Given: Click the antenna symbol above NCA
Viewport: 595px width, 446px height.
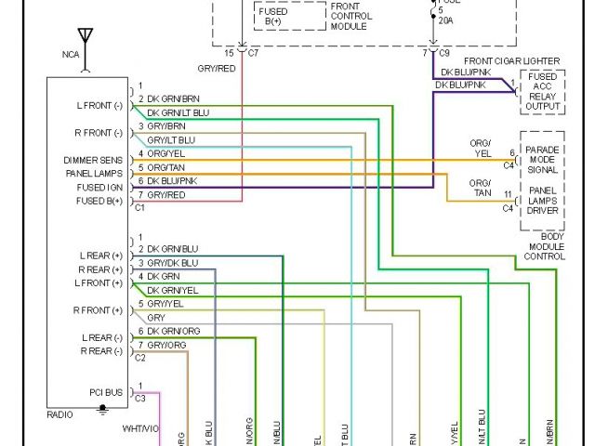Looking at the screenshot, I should coord(86,38).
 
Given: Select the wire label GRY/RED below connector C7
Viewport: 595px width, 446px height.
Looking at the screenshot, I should coord(216,69).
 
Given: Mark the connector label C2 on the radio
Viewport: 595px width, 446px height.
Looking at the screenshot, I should coord(140,358).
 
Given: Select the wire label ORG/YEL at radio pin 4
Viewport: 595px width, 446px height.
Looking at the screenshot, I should coord(168,153).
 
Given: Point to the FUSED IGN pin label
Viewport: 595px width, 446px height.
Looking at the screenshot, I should coord(99,188).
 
